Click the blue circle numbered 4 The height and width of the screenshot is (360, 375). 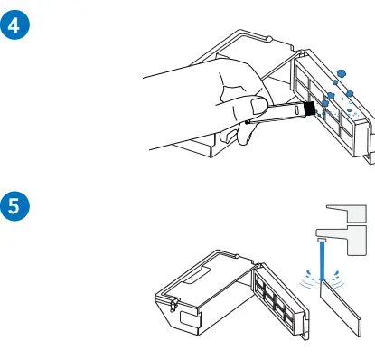pyautogui.click(x=14, y=24)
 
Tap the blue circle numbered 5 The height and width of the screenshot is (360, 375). pyautogui.click(x=14, y=206)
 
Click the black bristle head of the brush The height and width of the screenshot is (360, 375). pyautogui.click(x=309, y=109)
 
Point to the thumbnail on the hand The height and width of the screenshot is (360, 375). pyautogui.click(x=258, y=106)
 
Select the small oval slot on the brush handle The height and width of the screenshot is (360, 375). pyautogui.click(x=296, y=109)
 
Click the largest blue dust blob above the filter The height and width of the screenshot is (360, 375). pyautogui.click(x=342, y=73)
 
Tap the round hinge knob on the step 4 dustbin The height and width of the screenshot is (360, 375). pyautogui.click(x=269, y=39)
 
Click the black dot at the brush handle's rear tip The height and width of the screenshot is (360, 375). pyautogui.click(x=247, y=122)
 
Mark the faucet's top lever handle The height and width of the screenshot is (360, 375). pyautogui.click(x=346, y=213)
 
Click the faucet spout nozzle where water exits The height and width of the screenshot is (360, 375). pyautogui.click(x=322, y=240)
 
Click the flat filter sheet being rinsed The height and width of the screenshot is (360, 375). pyautogui.click(x=341, y=308)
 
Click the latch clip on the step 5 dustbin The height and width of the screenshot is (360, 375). pyautogui.click(x=173, y=304)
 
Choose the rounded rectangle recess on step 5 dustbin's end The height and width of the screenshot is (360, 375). pyautogui.click(x=190, y=319)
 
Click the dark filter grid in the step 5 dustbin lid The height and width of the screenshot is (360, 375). pyautogui.click(x=275, y=298)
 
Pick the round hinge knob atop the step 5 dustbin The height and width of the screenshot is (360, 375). pyautogui.click(x=237, y=257)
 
